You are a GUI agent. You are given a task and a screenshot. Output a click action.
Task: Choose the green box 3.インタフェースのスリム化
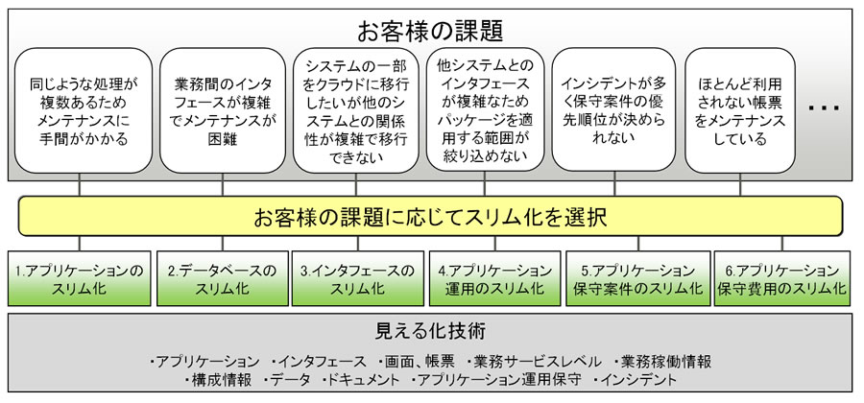(x=356, y=278)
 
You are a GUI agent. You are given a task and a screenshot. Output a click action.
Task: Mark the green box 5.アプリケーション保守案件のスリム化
(x=633, y=278)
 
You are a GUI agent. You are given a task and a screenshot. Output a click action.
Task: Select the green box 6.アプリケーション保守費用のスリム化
(x=780, y=278)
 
